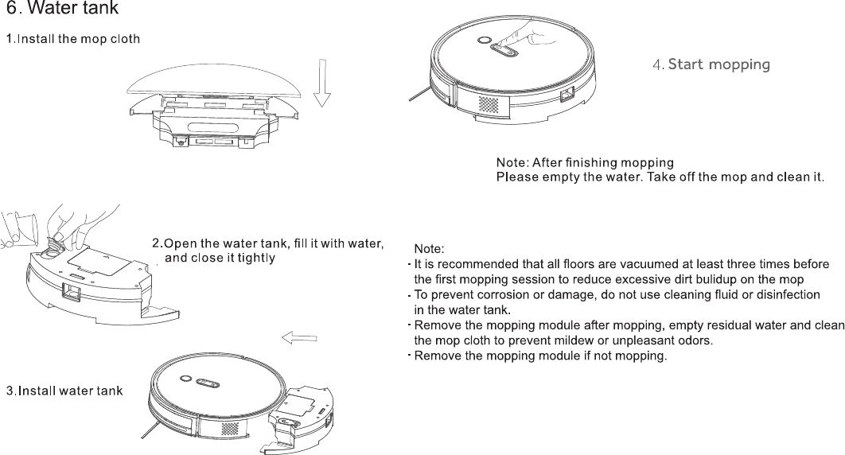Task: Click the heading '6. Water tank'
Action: pos(63,9)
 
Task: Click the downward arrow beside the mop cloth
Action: pos(322,83)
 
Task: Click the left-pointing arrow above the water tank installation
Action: pos(299,338)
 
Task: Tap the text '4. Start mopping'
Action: pos(711,64)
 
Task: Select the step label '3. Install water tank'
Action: pos(64,391)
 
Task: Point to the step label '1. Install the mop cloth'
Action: pos(73,39)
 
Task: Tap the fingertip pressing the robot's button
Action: pos(499,42)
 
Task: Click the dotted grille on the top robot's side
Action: pos(488,104)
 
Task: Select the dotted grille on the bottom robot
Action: pos(229,429)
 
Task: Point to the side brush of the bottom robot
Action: pos(151,429)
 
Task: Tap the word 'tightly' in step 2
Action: pos(256,258)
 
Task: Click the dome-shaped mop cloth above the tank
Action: pos(215,81)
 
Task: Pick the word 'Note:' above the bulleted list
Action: pos(429,249)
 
